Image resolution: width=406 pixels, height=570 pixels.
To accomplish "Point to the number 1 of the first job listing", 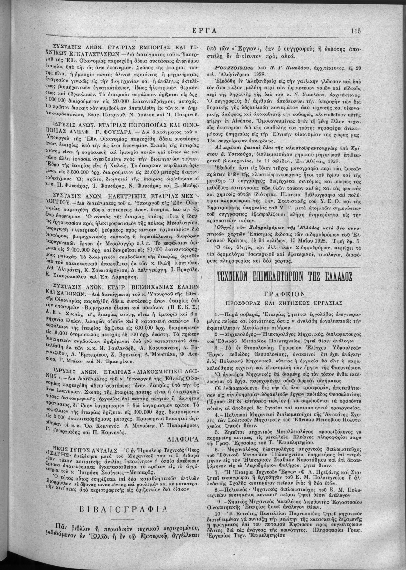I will point(216,314).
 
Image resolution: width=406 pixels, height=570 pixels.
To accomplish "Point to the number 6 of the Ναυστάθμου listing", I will point(217,460).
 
